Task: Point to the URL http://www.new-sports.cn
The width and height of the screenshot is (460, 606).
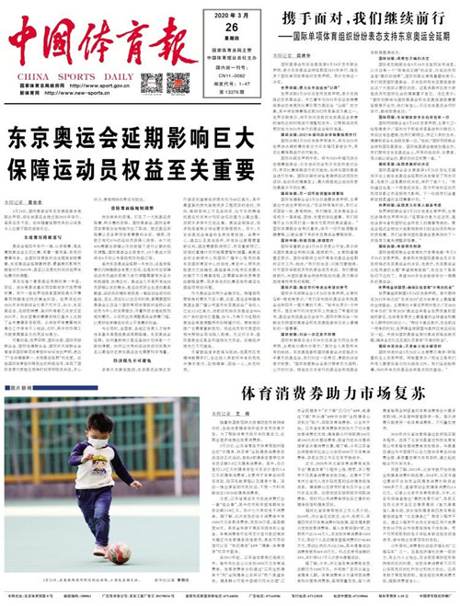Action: coord(81,93)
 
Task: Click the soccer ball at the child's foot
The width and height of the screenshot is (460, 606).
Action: coord(119,553)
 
